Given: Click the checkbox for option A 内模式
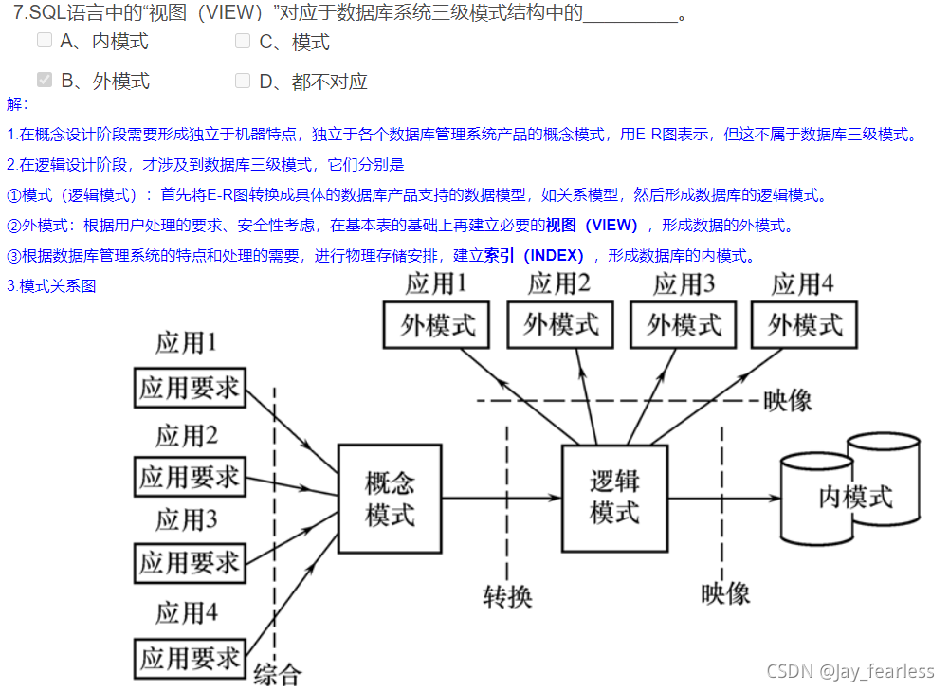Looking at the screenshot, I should click(45, 41).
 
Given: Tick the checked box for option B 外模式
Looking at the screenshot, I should click(45, 81).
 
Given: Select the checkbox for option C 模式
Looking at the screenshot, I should click(243, 41).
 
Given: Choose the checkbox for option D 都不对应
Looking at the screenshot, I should click(243, 81).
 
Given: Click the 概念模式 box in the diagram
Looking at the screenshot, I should click(390, 499).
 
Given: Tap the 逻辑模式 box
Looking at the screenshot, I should click(614, 499).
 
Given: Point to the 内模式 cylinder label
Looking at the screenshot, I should click(855, 496).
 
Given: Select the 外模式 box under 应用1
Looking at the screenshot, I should click(436, 325).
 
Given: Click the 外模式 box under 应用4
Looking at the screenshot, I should click(804, 325).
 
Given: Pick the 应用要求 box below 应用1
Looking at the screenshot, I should click(190, 388).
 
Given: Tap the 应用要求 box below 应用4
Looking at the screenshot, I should click(190, 657).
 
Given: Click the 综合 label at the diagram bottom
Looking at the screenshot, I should click(277, 673).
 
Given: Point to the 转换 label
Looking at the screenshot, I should click(507, 596).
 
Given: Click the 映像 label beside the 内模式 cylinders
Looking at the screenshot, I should click(726, 593).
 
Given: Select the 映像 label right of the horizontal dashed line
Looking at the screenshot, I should click(788, 400).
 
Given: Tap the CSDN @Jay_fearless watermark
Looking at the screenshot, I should click(849, 671).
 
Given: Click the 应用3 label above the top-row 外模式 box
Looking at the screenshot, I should click(684, 283).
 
